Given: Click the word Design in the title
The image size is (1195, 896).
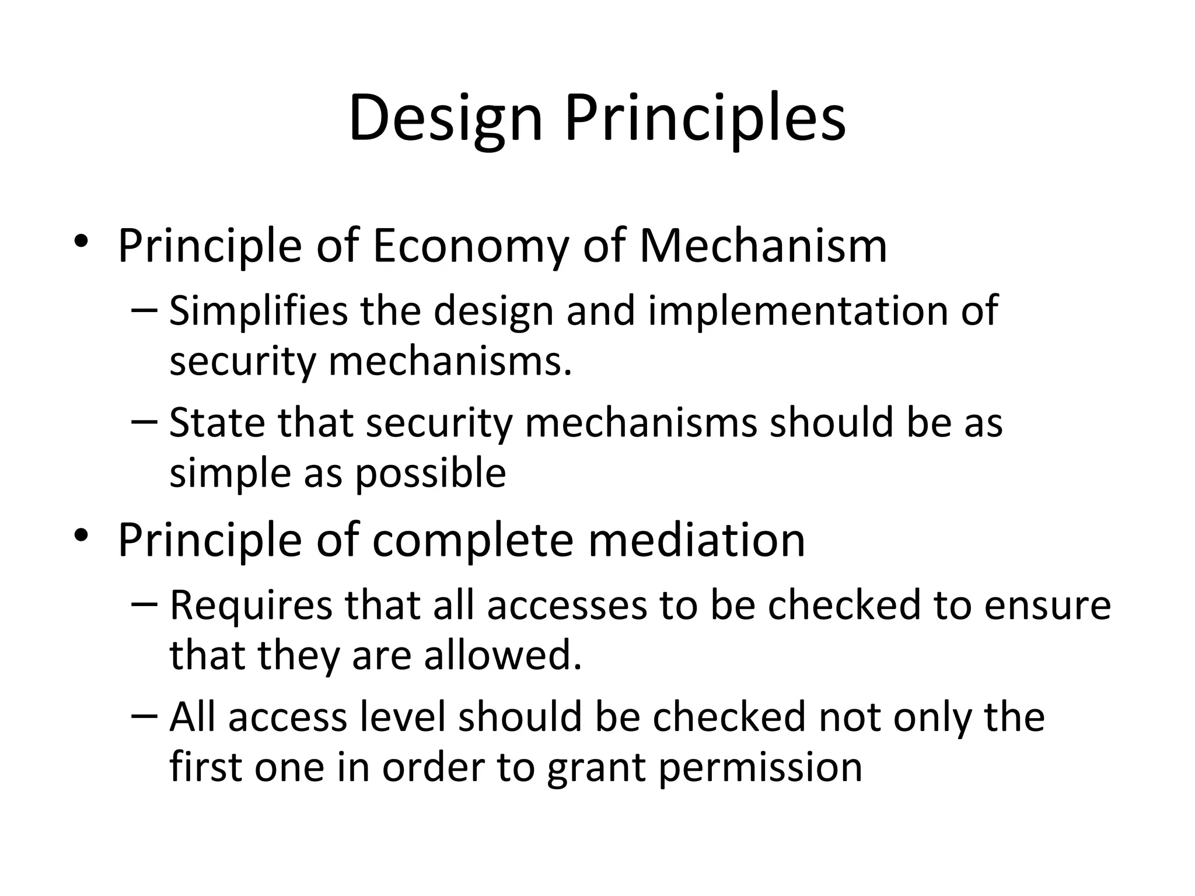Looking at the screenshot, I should point(445,120).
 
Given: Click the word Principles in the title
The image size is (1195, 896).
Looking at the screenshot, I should point(705,120).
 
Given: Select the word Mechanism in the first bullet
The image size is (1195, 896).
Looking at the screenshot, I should point(763,246).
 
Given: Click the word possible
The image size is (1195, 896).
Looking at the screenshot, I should point(431,473).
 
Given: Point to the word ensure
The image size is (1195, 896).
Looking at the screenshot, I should point(1047,605).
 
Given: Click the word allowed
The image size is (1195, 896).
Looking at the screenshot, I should point(503,655).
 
